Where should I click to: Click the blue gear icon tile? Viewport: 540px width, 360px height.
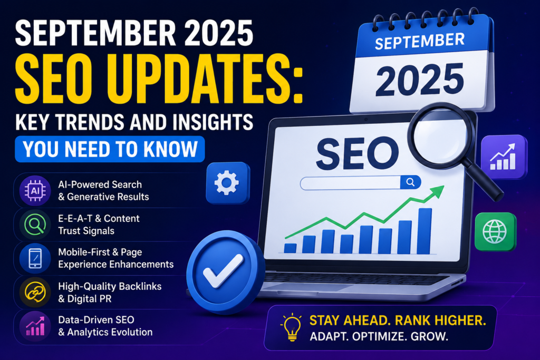point(228,183)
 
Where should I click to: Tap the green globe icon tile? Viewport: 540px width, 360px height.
point(496,231)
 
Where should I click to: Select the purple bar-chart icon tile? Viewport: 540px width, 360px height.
point(504,157)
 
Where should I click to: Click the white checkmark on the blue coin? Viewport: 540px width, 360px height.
point(223,271)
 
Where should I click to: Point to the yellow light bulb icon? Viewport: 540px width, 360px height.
point(291,327)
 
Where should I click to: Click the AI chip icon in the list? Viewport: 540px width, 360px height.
point(35,190)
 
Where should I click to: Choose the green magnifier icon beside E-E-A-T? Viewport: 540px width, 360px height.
point(35,225)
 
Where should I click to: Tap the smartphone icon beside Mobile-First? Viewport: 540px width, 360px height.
point(35,258)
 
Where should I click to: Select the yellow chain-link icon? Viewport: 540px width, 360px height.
point(35,292)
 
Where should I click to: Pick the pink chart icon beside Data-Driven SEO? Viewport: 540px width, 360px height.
point(35,326)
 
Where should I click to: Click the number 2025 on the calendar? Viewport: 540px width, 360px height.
point(419,80)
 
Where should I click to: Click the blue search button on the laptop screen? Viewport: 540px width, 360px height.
point(410,182)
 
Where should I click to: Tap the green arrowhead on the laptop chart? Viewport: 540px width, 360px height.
point(437,191)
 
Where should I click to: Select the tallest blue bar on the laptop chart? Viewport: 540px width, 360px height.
point(425,231)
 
